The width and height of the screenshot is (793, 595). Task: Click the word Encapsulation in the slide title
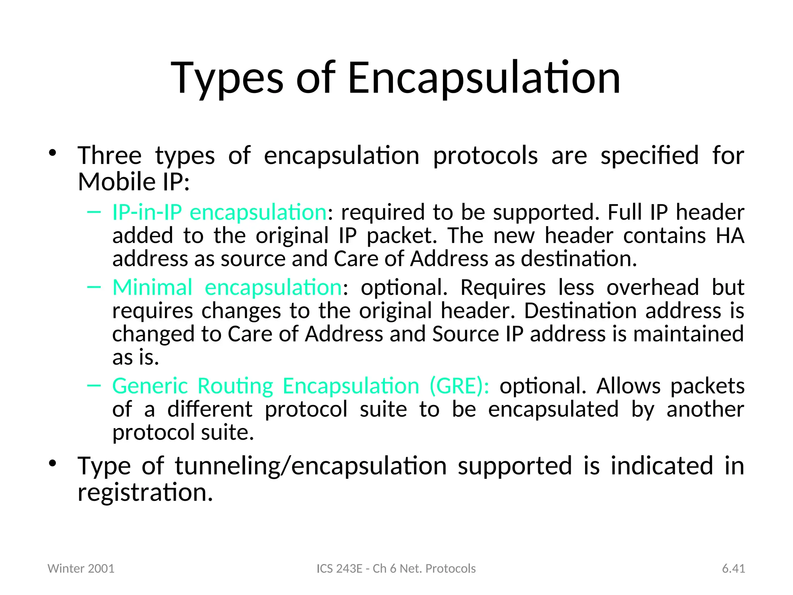(484, 78)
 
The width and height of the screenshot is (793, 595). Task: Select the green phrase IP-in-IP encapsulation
(219, 212)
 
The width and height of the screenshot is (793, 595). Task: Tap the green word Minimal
(152, 287)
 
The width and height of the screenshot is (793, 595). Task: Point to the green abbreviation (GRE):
(459, 386)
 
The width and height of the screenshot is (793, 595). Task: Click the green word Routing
(235, 386)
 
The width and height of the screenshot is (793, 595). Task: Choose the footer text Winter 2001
(81, 568)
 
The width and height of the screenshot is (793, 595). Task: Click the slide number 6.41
(733, 568)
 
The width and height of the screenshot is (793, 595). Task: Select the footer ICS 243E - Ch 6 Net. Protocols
(396, 568)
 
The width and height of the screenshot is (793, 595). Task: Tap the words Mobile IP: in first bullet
(134, 182)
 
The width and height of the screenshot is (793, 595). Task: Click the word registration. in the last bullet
(145, 492)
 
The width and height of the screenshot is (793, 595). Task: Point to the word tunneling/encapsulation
(311, 466)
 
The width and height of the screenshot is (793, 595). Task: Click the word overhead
(652, 287)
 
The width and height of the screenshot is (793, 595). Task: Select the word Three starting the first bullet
(110, 156)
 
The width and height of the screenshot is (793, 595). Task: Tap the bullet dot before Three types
(53, 153)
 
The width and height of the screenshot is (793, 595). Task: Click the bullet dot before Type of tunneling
(53, 463)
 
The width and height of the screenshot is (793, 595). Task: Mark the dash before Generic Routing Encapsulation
(94, 385)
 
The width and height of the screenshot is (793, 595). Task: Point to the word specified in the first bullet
(649, 156)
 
